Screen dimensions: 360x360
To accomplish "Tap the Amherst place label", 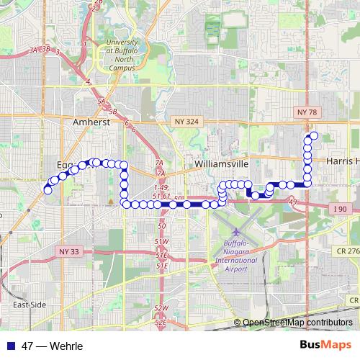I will (91, 123).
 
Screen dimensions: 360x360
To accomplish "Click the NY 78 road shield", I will (307, 112).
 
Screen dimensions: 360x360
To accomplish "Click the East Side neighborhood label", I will (30, 305).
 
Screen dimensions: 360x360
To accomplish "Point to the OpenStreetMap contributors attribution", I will (299, 323).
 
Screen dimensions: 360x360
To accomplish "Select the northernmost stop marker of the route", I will (314, 135).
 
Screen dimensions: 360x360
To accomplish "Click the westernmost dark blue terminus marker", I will (48, 190).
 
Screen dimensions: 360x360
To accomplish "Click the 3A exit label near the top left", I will (33, 50).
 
